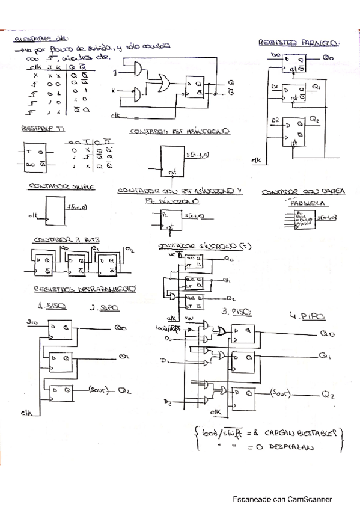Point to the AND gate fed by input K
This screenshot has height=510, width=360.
point(138,94)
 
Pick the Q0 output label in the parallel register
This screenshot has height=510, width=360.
point(328,58)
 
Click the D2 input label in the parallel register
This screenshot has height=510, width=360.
point(275,121)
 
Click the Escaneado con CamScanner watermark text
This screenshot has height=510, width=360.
point(282,499)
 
